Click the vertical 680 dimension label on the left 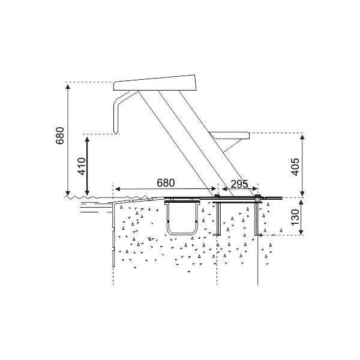(59, 139)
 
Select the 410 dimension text (81, 164)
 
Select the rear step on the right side (231, 135)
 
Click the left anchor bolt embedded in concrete (219, 218)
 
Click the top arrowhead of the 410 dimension (89, 138)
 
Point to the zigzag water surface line (90, 196)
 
